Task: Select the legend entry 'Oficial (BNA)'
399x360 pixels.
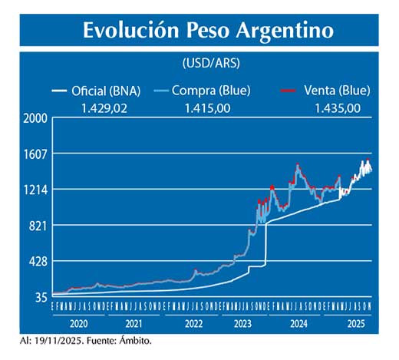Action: pos(108,91)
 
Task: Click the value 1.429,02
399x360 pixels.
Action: pos(104,107)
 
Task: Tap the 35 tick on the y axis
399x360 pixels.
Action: pos(40,297)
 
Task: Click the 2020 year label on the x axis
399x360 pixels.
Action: pos(78,323)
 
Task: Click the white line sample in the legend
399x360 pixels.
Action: pos(60,91)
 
